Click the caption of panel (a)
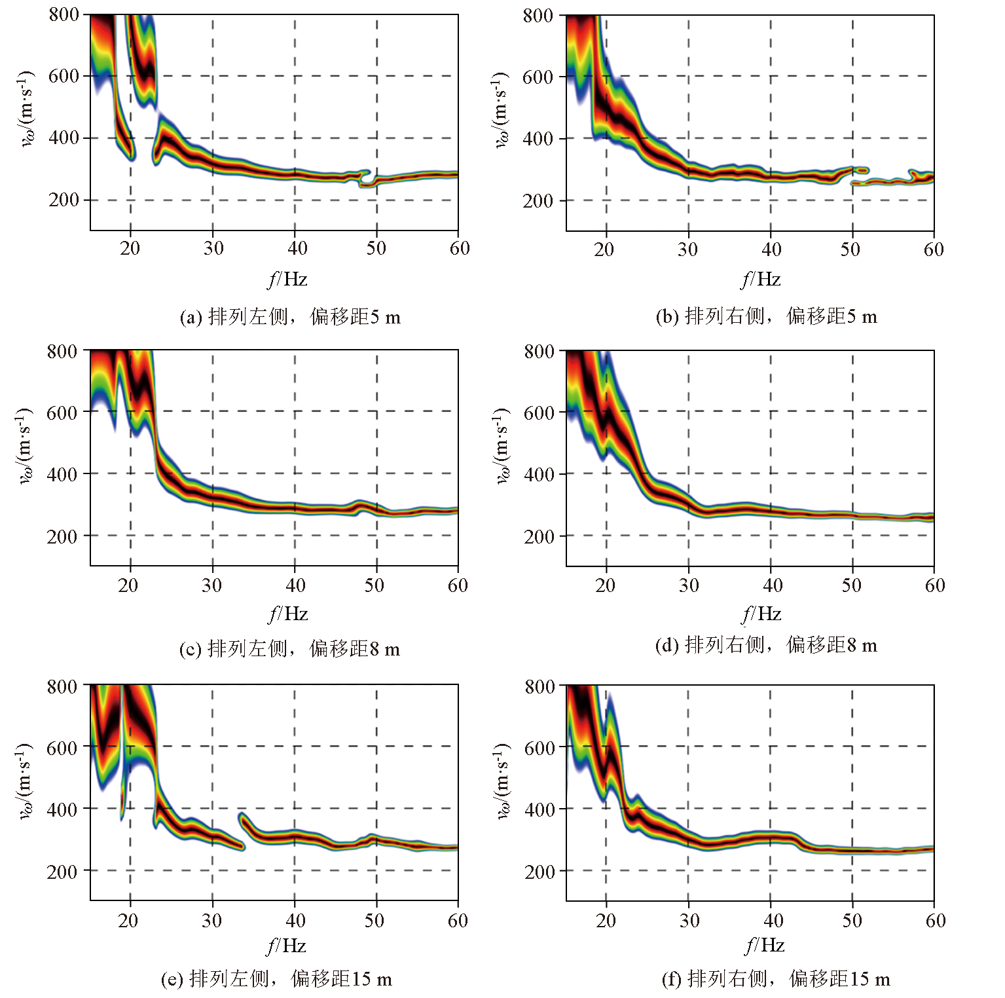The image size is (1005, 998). [x=290, y=318]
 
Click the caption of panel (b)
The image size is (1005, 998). [x=766, y=317]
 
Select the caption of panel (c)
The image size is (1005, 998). [x=289, y=649]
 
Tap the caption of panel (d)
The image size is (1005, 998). [x=766, y=646]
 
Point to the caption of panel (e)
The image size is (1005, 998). [x=276, y=979]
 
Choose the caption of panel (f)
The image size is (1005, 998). [x=776, y=979]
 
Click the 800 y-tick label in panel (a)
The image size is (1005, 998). [x=64, y=14]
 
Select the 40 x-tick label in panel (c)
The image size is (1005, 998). [x=295, y=585]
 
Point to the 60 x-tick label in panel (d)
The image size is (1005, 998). [x=935, y=585]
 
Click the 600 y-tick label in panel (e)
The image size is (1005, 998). [x=62, y=748]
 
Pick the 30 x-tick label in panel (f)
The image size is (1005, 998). [x=689, y=921]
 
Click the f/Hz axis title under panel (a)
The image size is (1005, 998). [x=288, y=280]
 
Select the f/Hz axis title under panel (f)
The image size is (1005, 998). [x=765, y=945]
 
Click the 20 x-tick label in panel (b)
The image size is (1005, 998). [x=604, y=249]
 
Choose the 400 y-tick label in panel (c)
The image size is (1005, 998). [x=62, y=474]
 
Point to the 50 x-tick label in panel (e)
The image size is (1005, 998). [x=375, y=921]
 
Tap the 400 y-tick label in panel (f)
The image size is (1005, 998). [x=539, y=809]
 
